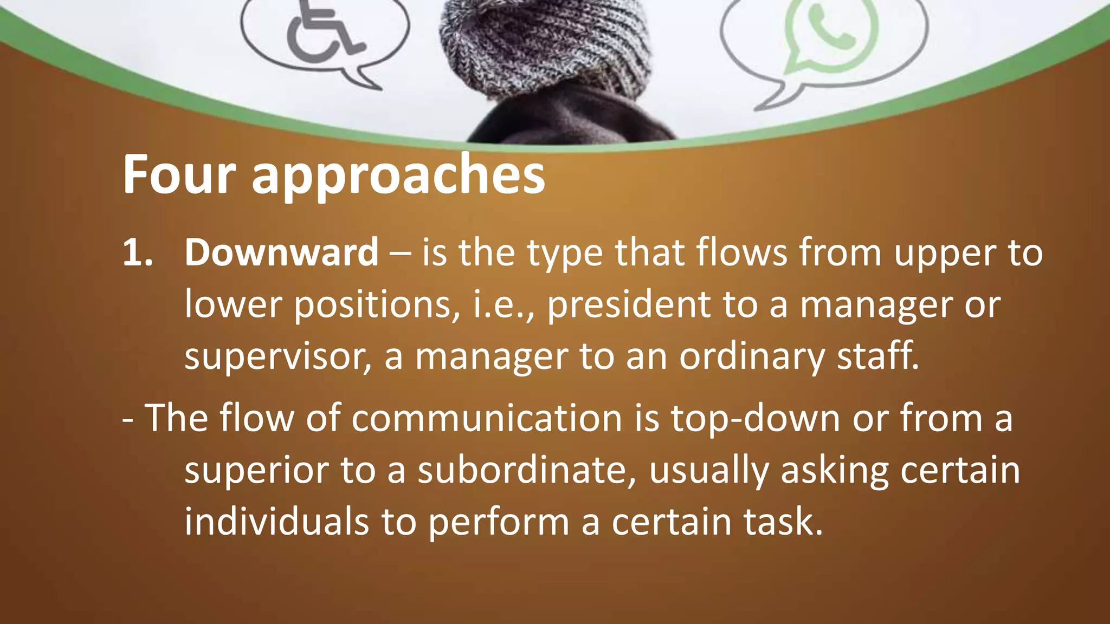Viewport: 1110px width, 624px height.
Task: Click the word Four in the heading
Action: (179, 174)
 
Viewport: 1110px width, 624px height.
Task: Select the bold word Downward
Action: (281, 252)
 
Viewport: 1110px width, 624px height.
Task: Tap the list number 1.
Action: (137, 253)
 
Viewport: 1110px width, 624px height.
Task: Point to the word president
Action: (629, 304)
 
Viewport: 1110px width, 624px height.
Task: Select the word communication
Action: (487, 418)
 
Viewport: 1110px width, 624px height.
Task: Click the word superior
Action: (256, 470)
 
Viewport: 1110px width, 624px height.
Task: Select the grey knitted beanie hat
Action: (545, 43)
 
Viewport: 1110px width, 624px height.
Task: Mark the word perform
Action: (499, 522)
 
